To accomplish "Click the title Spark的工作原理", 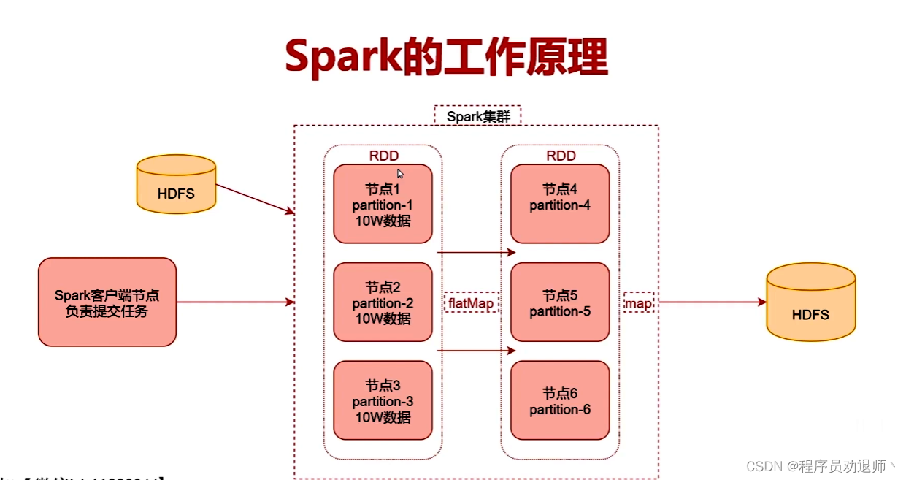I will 446,58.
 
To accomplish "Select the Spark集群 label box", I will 477,115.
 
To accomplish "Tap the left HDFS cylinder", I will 177,184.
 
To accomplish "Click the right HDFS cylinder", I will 810,302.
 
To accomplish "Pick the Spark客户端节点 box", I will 107,302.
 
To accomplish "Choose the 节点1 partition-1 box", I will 383,204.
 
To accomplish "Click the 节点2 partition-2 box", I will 383,302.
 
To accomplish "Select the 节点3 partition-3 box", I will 383,400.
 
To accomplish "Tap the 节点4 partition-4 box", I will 560,204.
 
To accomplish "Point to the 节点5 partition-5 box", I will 560,302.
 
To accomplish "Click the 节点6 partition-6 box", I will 560,400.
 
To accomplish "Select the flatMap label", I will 471,302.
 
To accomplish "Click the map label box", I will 638,302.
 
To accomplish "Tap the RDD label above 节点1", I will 384,156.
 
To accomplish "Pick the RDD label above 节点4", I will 561,156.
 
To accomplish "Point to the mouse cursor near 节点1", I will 400,174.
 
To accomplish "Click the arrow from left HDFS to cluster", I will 256,199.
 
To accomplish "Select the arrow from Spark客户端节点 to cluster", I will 234,302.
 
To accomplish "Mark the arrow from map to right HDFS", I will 712,302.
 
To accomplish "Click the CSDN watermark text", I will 821,465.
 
